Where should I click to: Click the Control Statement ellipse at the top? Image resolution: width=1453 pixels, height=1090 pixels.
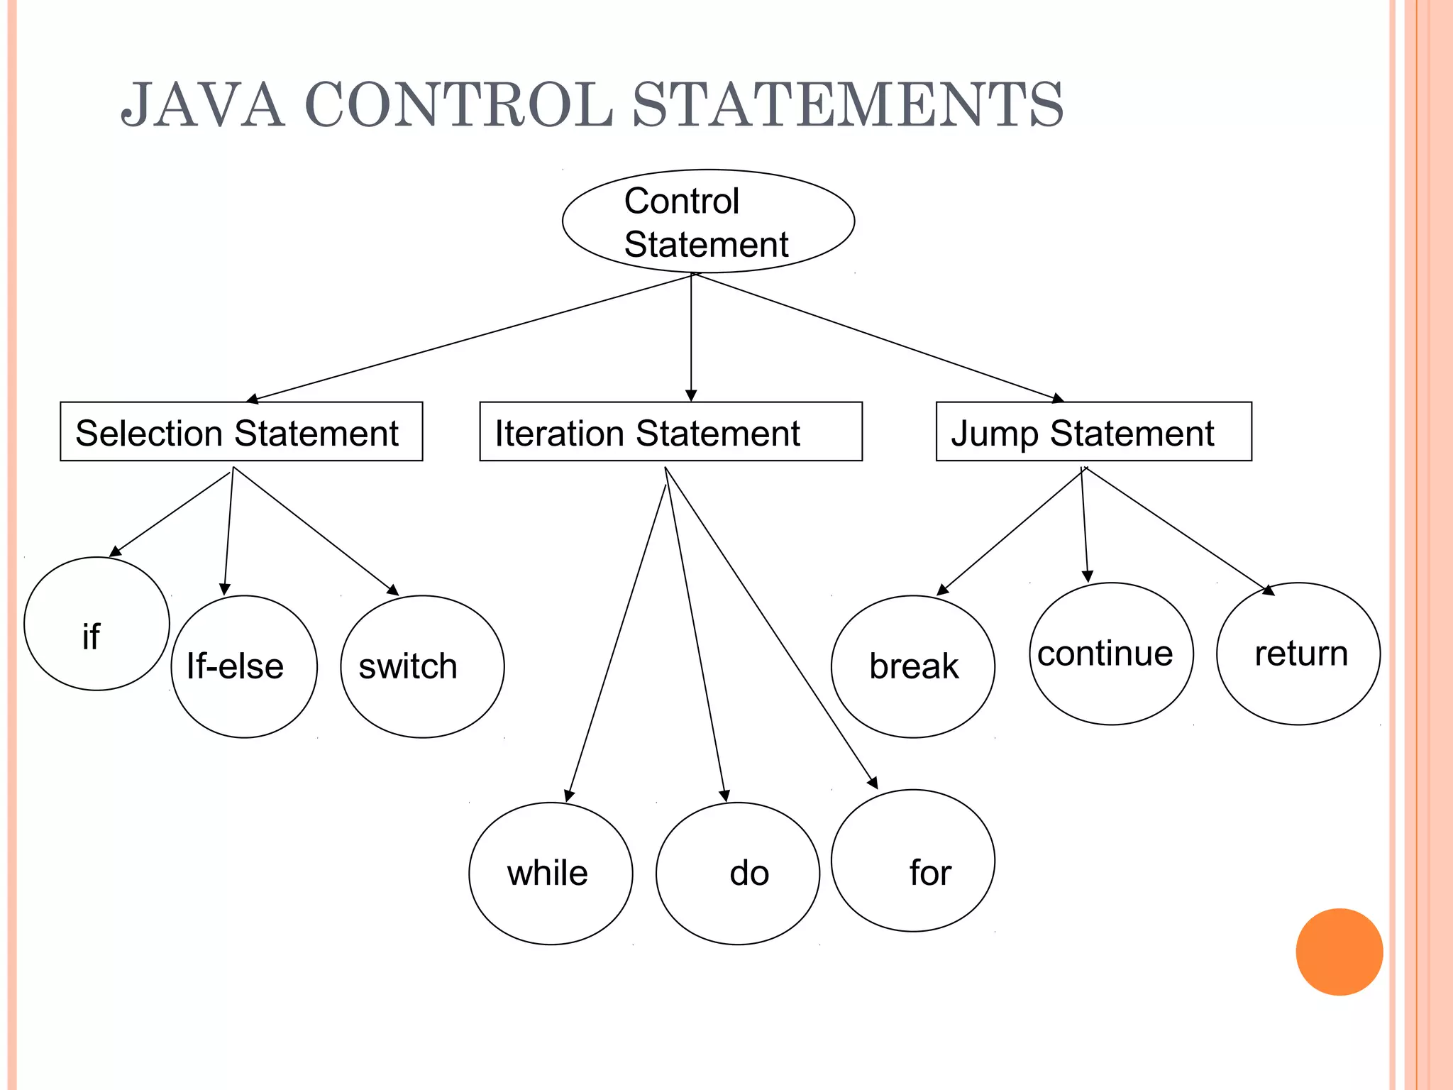(x=708, y=221)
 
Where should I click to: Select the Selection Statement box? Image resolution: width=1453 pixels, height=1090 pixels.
(x=241, y=431)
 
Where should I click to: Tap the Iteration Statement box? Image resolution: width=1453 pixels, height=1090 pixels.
(x=670, y=431)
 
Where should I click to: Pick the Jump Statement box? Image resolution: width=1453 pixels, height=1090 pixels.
(x=1093, y=431)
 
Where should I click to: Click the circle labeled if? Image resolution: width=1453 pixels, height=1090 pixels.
(x=96, y=624)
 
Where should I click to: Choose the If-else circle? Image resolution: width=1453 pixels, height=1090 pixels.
(x=244, y=666)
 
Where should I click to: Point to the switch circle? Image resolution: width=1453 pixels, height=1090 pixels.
(x=422, y=666)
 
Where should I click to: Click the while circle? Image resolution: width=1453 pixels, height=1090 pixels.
(x=551, y=874)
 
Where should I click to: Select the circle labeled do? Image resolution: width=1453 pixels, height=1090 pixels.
(x=738, y=874)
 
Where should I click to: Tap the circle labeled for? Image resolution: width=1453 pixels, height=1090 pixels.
(x=913, y=860)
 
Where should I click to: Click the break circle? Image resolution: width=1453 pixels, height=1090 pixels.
(x=913, y=666)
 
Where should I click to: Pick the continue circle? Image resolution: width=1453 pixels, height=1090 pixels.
(x=1111, y=654)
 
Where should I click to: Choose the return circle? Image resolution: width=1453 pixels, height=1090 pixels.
(x=1298, y=654)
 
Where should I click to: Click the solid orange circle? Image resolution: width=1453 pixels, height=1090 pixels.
(x=1339, y=952)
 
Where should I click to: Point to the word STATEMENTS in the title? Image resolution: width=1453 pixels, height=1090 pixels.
(x=848, y=105)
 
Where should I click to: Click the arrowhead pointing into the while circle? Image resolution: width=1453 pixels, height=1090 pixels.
(x=569, y=796)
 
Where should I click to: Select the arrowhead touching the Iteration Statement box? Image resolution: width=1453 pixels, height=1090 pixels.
(x=691, y=395)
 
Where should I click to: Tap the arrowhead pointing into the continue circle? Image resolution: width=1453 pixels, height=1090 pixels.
(x=1088, y=576)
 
